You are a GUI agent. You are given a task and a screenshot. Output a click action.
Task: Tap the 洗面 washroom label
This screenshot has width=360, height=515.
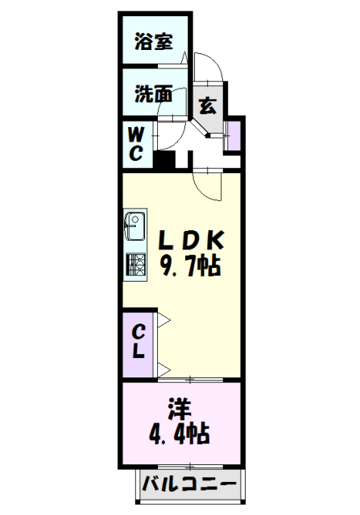pyautogui.click(x=153, y=93)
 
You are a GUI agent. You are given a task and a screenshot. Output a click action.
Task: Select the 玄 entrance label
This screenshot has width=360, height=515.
pyautogui.click(x=207, y=104)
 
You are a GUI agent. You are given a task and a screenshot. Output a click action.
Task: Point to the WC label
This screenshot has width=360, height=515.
pyautogui.click(x=135, y=142)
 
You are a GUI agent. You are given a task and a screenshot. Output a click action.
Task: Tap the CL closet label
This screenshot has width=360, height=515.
pyautogui.click(x=138, y=340)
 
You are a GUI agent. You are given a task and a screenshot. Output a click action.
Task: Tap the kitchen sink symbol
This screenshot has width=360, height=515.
pyautogui.click(x=134, y=227)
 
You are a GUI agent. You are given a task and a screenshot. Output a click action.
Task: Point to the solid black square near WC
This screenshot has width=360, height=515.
pyautogui.click(x=164, y=157)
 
